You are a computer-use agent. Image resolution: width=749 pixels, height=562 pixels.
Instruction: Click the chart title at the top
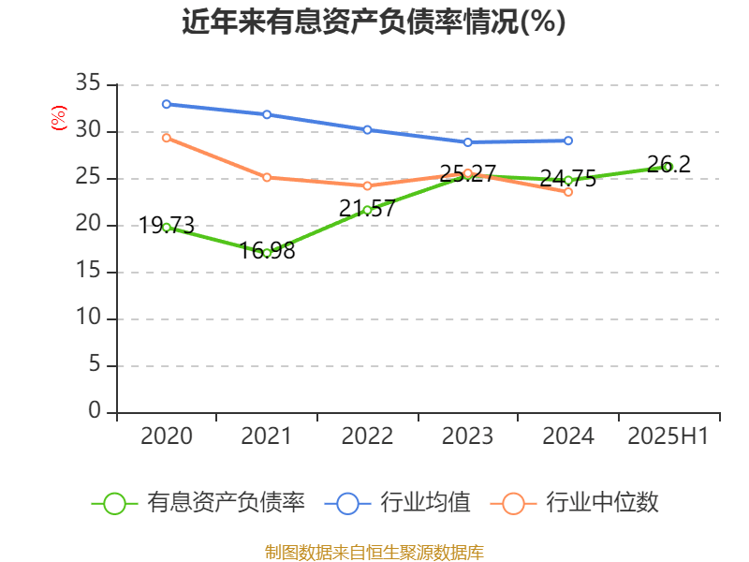click(x=374, y=22)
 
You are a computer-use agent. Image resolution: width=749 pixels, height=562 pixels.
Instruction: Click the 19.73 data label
click(x=167, y=225)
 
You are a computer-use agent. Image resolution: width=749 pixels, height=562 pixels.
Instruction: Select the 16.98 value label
click(x=268, y=251)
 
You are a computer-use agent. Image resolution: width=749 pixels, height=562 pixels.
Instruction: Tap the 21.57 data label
click(x=367, y=208)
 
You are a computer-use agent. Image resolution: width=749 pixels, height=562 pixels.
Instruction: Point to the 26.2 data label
click(x=668, y=164)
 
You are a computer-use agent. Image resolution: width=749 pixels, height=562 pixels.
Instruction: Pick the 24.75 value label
click(x=568, y=179)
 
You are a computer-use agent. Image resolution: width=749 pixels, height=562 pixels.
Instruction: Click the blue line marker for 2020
click(x=166, y=104)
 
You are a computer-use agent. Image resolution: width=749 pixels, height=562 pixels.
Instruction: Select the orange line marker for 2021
click(x=267, y=177)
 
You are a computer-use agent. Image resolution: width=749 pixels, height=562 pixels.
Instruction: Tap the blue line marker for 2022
click(x=367, y=129)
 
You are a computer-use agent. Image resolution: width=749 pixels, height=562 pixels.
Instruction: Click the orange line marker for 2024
click(x=568, y=192)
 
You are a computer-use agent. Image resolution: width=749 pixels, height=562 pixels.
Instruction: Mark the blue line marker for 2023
click(x=468, y=142)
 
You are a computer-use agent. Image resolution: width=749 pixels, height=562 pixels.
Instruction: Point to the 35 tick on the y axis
click(x=88, y=84)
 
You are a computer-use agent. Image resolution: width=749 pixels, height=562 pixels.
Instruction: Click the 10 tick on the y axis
click(x=88, y=318)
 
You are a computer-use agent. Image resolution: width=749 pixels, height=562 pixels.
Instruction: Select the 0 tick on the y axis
click(x=95, y=412)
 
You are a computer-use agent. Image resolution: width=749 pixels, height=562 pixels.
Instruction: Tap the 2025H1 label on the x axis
click(x=668, y=436)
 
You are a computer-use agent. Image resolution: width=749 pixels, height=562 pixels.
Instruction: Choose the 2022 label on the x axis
click(x=367, y=436)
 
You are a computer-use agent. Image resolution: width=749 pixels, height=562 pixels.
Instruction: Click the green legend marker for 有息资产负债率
click(x=114, y=503)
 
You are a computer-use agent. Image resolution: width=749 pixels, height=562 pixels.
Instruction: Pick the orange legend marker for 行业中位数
click(x=513, y=503)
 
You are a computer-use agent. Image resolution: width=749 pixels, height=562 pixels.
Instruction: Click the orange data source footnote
click(x=374, y=552)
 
